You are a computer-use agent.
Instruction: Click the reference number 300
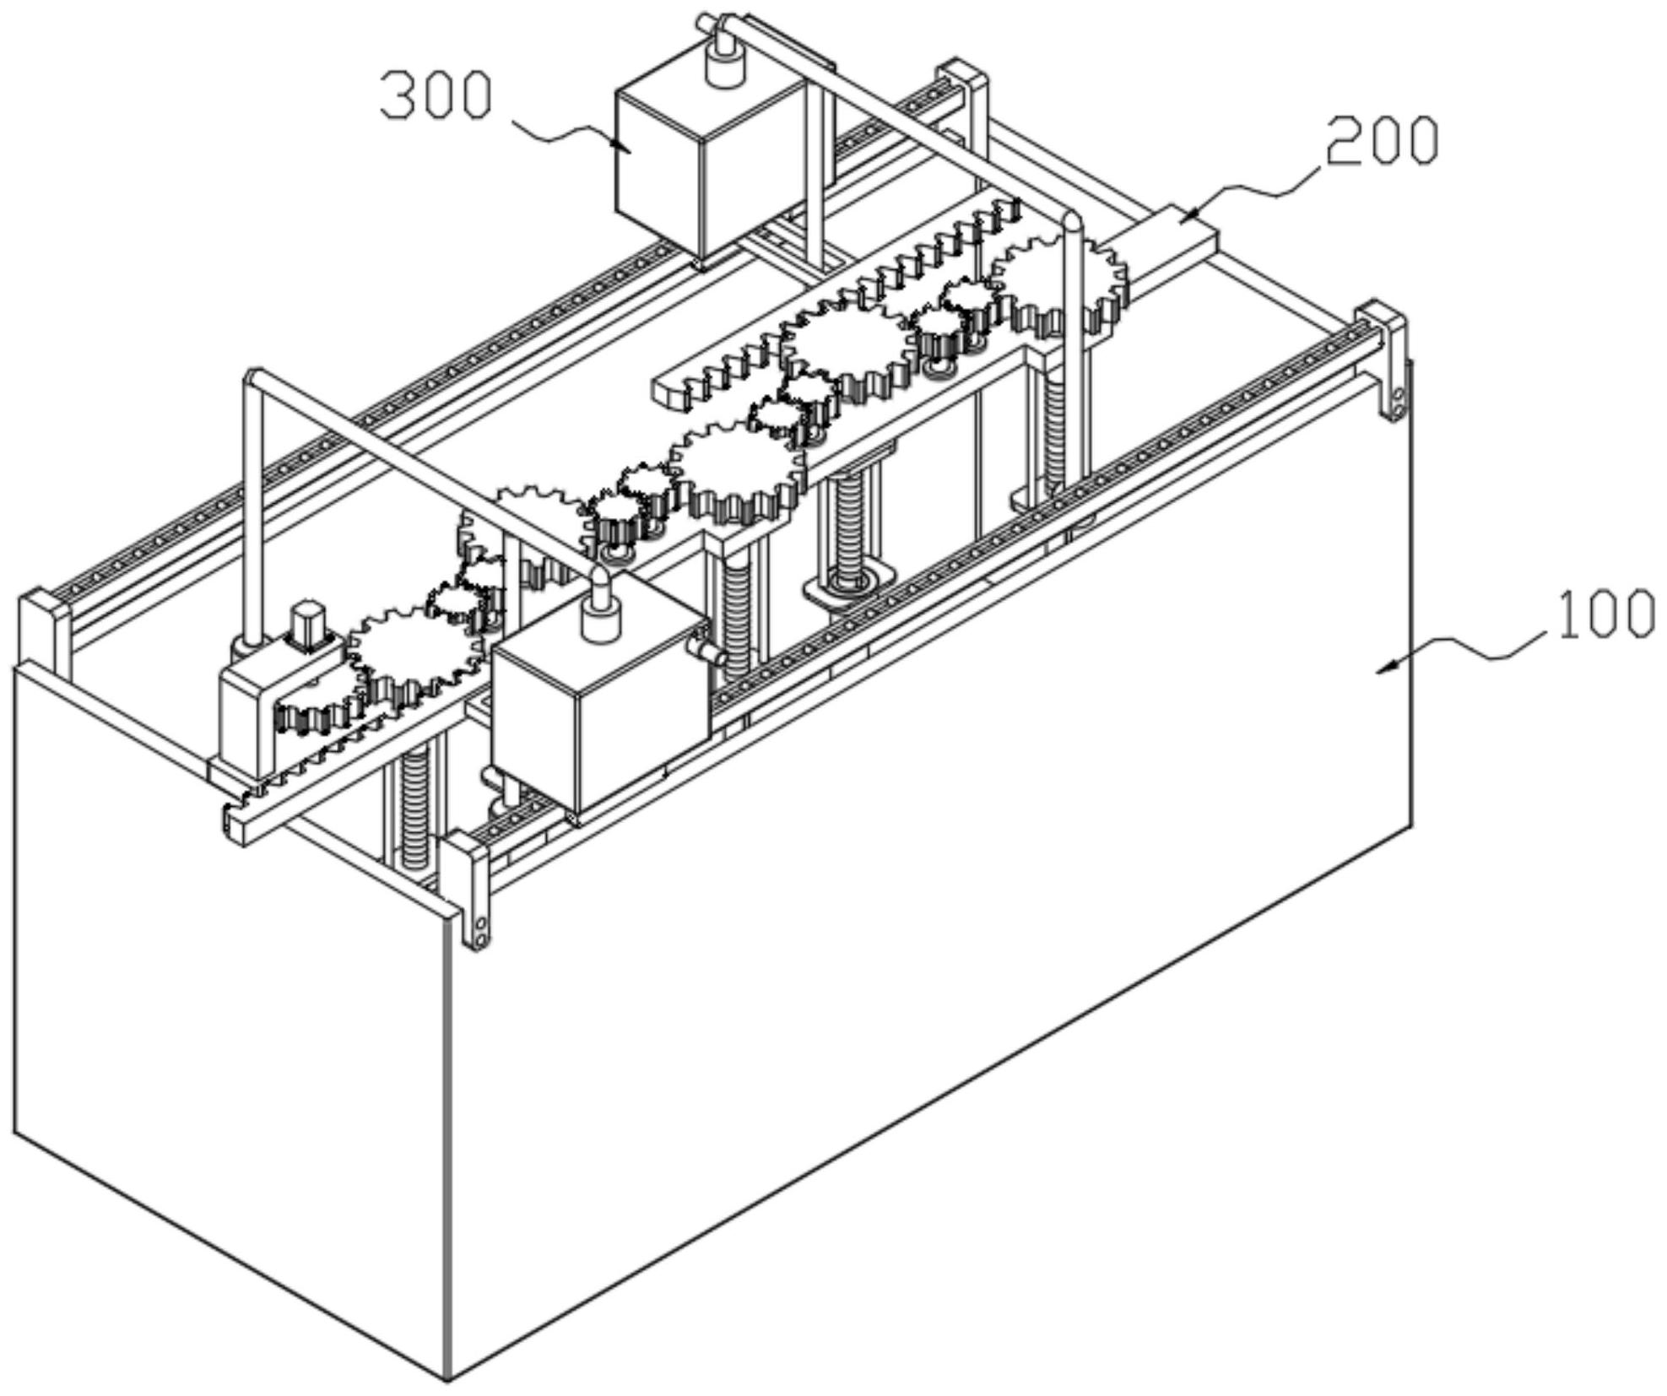click(436, 95)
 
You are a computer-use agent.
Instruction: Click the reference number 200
click(1382, 141)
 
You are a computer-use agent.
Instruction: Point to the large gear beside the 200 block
click(1059, 283)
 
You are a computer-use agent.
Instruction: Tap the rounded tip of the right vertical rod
click(1070, 221)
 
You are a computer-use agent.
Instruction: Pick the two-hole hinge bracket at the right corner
click(1394, 397)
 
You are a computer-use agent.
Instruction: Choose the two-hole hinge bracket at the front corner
click(478, 928)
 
